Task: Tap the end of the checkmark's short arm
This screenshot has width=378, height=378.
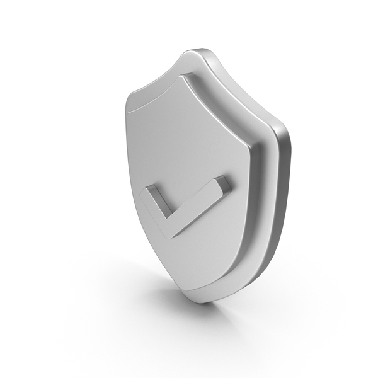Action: tap(147, 193)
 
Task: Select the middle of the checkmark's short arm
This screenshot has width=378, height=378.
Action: tap(155, 210)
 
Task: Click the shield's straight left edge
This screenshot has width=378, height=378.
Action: tap(129, 157)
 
